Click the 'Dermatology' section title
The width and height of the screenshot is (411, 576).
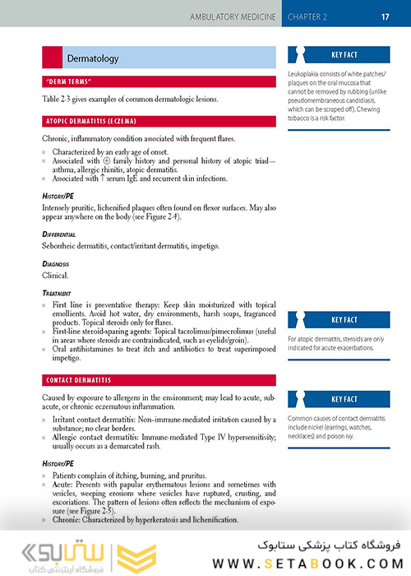coord(93,58)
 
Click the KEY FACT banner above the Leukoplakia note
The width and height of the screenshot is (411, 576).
coord(344,56)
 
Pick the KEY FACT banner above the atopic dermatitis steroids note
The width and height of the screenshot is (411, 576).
coord(344,320)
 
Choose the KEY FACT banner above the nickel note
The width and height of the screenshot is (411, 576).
coord(344,399)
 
